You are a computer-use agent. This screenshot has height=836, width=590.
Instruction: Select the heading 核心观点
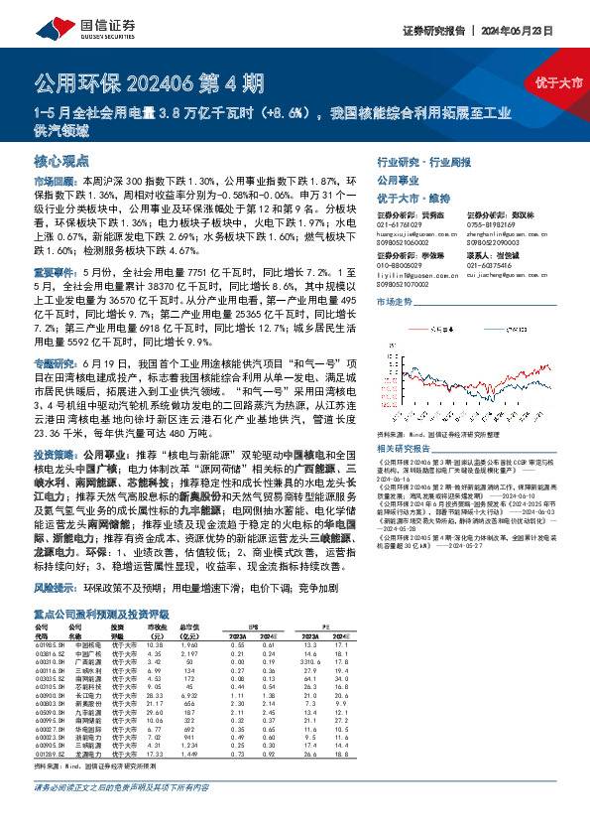[x=61, y=159]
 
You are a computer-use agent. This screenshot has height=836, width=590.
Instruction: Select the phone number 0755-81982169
[x=493, y=224]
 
